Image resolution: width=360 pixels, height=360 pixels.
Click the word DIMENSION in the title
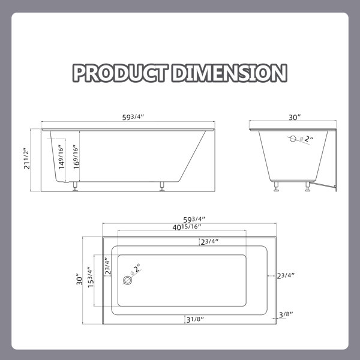coord(230,73)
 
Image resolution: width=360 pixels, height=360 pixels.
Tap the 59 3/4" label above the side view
coord(133,117)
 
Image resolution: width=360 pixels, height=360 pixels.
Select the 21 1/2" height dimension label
coord(27,158)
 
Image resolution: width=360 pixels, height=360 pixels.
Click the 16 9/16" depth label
coord(76,157)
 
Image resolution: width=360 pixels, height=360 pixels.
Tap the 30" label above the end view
coord(295,118)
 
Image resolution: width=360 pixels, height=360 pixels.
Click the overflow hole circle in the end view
coord(293,139)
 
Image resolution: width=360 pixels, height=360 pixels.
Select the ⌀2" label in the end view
coord(307,139)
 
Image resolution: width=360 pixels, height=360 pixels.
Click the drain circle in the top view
coord(127,280)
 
